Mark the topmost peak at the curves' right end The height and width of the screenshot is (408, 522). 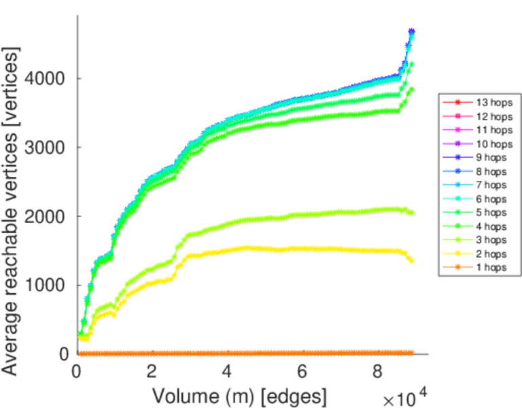411,31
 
